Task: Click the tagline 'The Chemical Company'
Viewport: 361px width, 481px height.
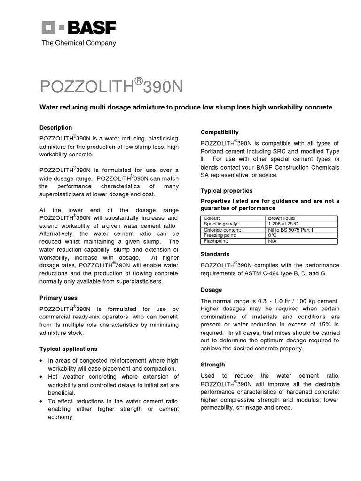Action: pyautogui.click(x=78, y=43)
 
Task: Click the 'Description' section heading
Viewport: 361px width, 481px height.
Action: pyautogui.click(x=55, y=128)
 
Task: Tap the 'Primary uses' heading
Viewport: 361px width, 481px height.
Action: pyautogui.click(x=58, y=298)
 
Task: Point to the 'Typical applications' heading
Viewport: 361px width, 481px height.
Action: pyautogui.click(x=68, y=349)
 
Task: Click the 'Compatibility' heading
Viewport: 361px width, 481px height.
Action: pyautogui.click(x=220, y=132)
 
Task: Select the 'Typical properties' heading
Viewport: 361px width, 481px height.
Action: pyautogui.click(x=227, y=191)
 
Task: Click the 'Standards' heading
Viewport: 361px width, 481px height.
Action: pyautogui.click(x=215, y=254)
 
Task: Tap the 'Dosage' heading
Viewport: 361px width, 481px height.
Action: pyautogui.click(x=211, y=290)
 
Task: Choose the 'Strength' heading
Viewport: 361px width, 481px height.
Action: pyautogui.click(x=213, y=365)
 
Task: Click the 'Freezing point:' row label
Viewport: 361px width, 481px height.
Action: pyautogui.click(x=218, y=235)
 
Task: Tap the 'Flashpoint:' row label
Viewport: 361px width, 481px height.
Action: pyautogui.click(x=215, y=241)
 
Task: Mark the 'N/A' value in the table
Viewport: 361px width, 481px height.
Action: pyautogui.click(x=273, y=241)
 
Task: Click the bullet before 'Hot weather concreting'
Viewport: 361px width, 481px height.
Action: pyautogui.click(x=41, y=377)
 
